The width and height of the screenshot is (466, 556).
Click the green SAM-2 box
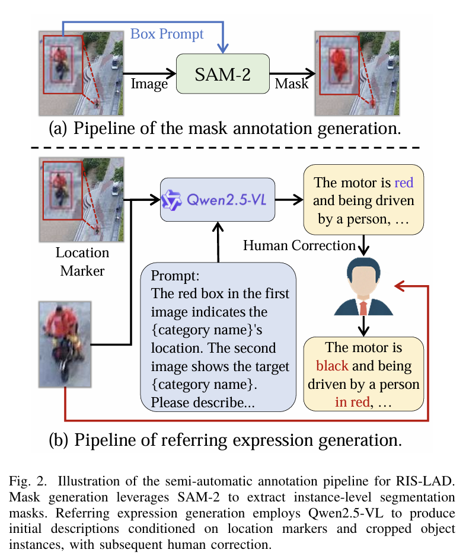pyautogui.click(x=223, y=74)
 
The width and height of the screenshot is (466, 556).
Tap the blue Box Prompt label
pyautogui.click(x=167, y=34)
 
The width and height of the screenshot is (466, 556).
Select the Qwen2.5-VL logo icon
pyautogui.click(x=171, y=200)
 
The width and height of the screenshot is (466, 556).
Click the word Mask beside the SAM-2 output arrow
pyautogui.click(x=292, y=84)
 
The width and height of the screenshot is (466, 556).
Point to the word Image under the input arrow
pyautogui.click(x=149, y=84)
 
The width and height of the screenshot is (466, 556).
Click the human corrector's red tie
pyautogui.click(x=363, y=308)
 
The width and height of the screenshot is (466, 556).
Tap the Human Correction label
pyautogui.click(x=299, y=245)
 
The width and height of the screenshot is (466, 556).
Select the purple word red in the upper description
pyautogui.click(x=404, y=183)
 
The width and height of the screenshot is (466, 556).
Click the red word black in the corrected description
pyautogui.click(x=332, y=366)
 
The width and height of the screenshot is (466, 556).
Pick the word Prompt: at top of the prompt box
pyautogui.click(x=175, y=276)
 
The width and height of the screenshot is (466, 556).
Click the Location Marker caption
pyautogui.click(x=82, y=261)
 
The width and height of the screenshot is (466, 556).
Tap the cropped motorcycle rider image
pyautogui.click(x=65, y=344)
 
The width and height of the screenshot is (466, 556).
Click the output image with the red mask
pyautogui.click(x=357, y=74)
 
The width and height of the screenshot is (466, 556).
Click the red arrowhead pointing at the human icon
pyautogui.click(x=400, y=286)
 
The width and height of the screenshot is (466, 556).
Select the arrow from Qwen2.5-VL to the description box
pyautogui.click(x=289, y=200)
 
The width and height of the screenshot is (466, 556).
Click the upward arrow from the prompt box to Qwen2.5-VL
pyautogui.click(x=218, y=242)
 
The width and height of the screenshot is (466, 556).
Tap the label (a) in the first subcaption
pyautogui.click(x=58, y=129)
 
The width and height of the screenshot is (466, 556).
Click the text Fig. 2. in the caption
pyautogui.click(x=28, y=481)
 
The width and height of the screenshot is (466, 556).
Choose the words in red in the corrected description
pyautogui.click(x=353, y=402)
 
